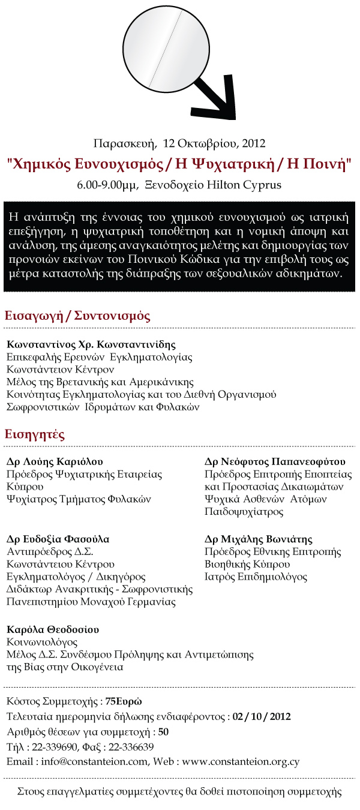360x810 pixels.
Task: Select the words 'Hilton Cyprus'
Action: pyautogui.click(x=244, y=185)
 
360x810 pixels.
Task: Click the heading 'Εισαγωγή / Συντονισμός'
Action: pyautogui.click(x=77, y=316)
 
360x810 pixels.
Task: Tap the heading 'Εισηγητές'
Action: pyautogui.click(x=35, y=434)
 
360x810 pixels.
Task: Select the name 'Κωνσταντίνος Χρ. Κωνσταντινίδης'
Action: pyautogui.click(x=91, y=345)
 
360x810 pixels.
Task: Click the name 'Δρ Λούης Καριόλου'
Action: pyautogui.click(x=55, y=461)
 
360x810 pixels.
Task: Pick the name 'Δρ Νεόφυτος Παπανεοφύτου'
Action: pyautogui.click(x=275, y=461)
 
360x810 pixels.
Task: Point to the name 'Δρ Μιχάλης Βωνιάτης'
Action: pyautogui.click(x=259, y=539)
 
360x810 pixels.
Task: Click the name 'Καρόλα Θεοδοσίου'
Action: pyautogui.click(x=53, y=629)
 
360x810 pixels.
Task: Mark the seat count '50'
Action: pyautogui.click(x=163, y=732)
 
